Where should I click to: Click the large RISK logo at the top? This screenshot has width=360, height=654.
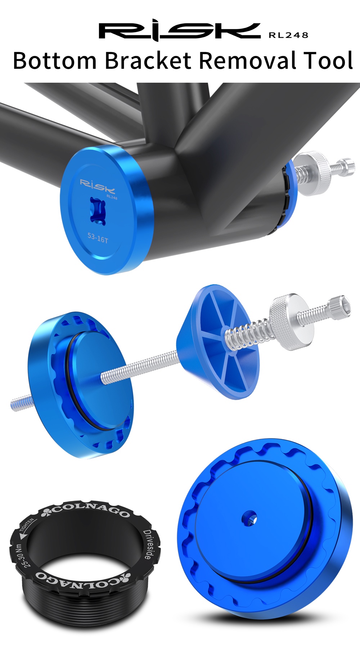click(x=179, y=31)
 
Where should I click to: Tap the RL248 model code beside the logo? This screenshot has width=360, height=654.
click(x=288, y=35)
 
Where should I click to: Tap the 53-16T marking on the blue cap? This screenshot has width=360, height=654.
click(x=98, y=238)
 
